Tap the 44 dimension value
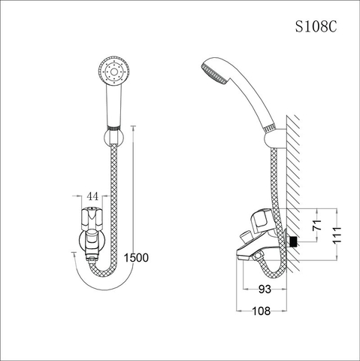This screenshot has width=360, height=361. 93,196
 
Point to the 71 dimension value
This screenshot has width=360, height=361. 319,225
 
